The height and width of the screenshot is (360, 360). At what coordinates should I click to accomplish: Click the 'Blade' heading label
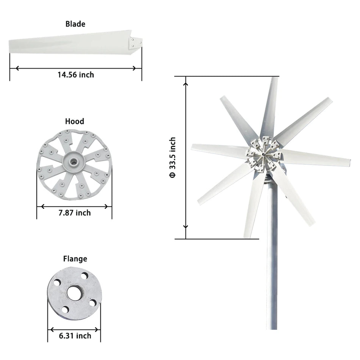point(75,24)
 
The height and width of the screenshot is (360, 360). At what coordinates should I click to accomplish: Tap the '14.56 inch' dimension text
point(75,75)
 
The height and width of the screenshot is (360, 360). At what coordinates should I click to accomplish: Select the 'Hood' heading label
point(75,121)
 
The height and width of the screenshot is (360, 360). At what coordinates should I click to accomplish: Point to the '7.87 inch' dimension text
point(75,213)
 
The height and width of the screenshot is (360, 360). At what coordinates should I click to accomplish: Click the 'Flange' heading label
point(75,259)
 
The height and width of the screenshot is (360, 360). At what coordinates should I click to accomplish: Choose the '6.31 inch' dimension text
point(75,336)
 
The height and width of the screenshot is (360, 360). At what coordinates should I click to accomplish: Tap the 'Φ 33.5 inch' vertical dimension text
point(172,158)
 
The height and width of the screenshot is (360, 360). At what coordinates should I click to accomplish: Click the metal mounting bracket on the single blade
point(136,43)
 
